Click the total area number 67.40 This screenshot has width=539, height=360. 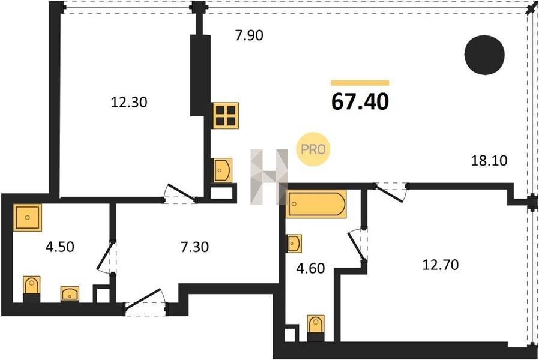pos(360,101)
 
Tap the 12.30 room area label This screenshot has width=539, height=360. pos(129,102)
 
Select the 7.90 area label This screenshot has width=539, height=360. pos(249,35)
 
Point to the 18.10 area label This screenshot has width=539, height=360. pos(489,160)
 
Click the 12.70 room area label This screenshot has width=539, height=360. pos(441,265)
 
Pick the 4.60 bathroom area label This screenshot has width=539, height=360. pos(310,268)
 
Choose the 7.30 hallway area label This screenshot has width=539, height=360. pos(194,247)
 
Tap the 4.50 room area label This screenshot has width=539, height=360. pos(60,247)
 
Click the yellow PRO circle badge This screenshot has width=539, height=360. pos(313,149)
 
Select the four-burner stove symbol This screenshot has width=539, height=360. pos(226,116)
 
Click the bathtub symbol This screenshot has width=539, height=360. pos(317,204)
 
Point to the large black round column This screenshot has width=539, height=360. pos(484,55)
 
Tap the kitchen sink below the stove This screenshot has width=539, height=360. pos(223,170)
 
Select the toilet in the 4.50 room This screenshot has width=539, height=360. pos(32,289)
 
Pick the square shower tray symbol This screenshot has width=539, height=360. pos(28,217)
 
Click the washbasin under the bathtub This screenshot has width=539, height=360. pos(294,244)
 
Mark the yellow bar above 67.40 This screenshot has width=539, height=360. pos(360,83)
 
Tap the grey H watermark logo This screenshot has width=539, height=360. pos(269,177)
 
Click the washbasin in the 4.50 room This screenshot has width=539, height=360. pos(70,294)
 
